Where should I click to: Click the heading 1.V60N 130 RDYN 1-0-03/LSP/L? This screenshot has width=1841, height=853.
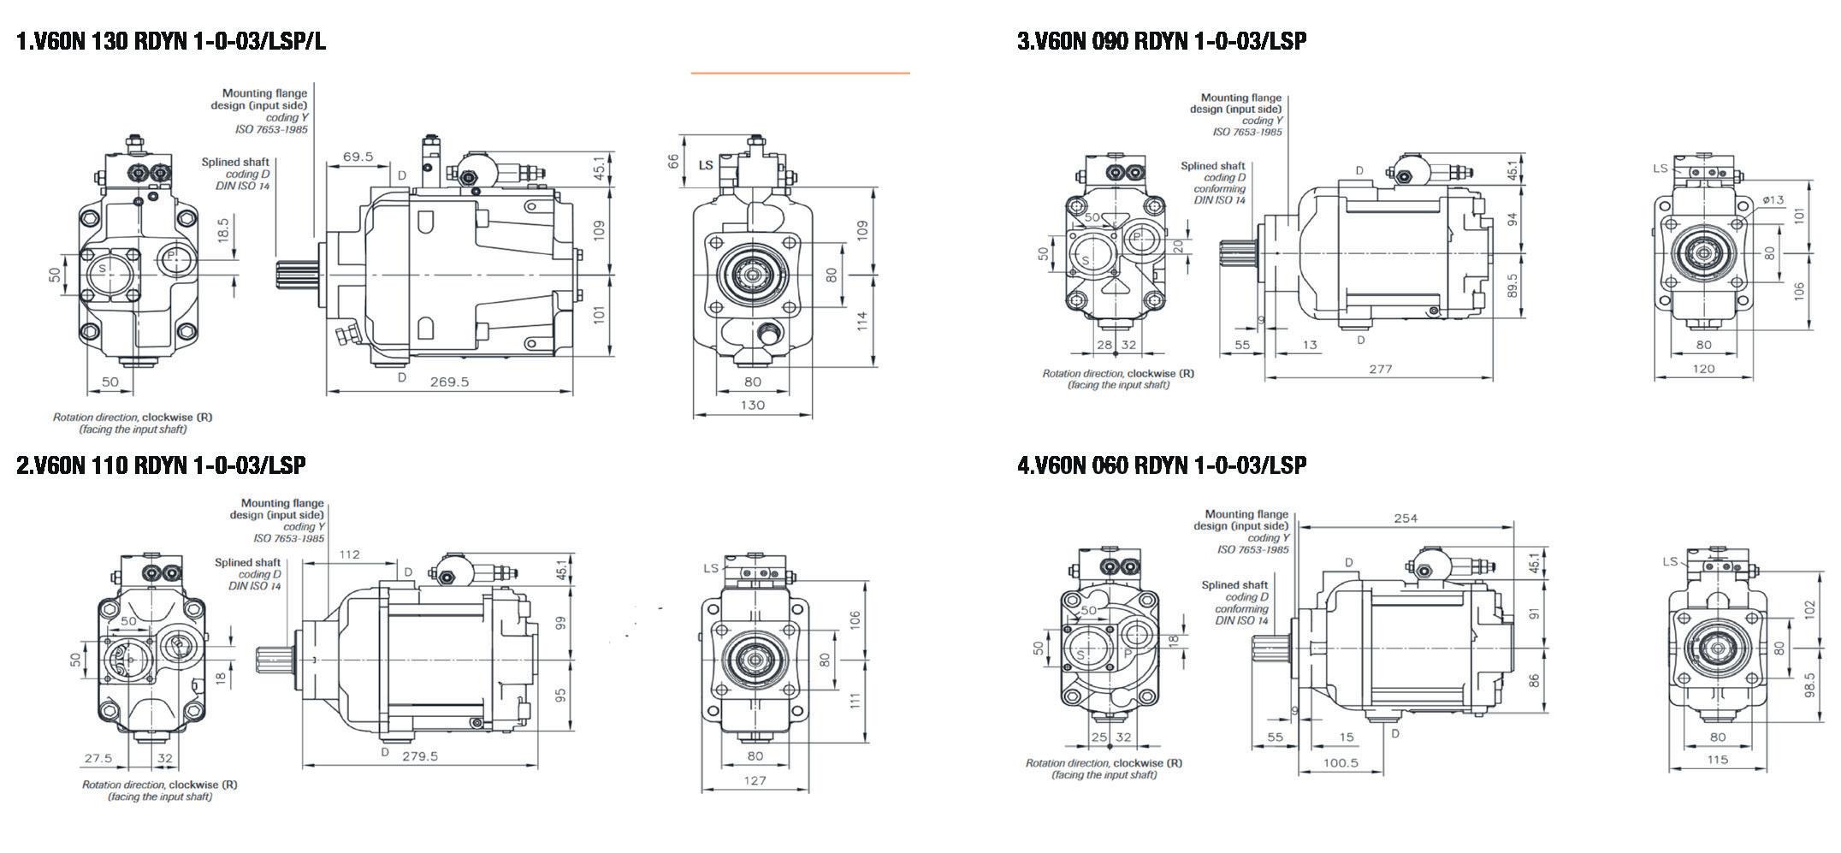(x=171, y=41)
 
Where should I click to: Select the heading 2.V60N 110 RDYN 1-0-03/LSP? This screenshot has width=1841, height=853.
(x=161, y=465)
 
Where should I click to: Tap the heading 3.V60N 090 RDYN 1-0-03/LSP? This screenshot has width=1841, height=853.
(x=1162, y=41)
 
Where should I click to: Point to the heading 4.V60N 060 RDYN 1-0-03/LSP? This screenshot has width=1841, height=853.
(x=1162, y=465)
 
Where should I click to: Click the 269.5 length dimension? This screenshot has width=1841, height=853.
(x=449, y=382)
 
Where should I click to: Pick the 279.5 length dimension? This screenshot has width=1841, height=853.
(x=420, y=755)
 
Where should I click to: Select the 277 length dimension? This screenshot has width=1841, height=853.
(x=1381, y=369)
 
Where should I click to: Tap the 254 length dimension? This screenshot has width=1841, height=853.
(x=1406, y=518)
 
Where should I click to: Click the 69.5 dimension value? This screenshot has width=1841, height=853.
(x=358, y=157)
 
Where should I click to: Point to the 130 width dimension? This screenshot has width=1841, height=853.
(x=753, y=405)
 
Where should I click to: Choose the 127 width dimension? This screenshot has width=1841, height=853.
(x=755, y=779)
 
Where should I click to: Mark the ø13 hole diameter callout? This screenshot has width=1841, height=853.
(x=1773, y=200)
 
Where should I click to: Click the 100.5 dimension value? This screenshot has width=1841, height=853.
(x=1341, y=762)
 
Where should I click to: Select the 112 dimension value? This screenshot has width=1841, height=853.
(x=350, y=554)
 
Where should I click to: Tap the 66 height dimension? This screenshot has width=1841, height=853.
(x=673, y=159)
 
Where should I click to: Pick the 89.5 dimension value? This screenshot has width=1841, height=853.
(x=1512, y=286)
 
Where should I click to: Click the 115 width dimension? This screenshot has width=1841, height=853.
(x=1717, y=759)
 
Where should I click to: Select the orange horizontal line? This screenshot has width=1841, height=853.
(x=800, y=74)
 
